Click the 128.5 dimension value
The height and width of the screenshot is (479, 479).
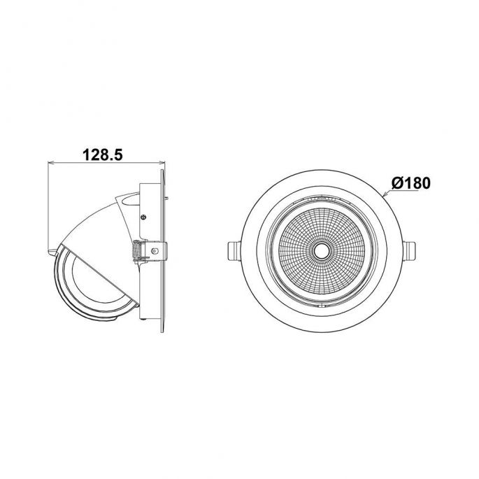(103, 155)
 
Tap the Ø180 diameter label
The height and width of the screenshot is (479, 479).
(411, 183)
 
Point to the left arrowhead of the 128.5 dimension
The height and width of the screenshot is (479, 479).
(51, 163)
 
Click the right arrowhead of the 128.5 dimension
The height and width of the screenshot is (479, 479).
(162, 163)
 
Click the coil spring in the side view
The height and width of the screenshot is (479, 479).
(135, 251)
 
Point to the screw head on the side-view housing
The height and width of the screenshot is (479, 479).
(143, 217)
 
